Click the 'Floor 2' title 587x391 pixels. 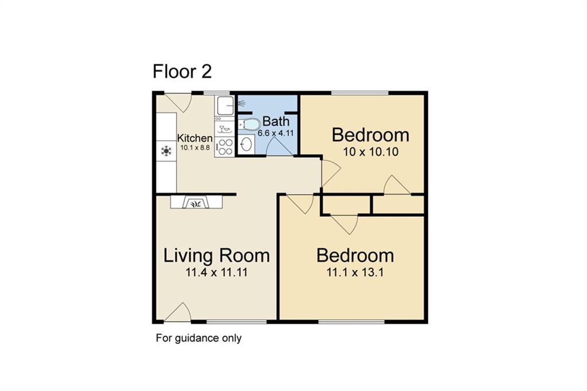tap(182, 72)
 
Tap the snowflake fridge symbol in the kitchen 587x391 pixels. tap(166, 151)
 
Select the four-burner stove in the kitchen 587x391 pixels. tap(225, 147)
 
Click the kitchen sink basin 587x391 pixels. tap(225, 105)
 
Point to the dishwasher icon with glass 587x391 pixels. tap(225, 129)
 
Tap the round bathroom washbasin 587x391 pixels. tap(246, 144)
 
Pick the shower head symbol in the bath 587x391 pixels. tap(241, 102)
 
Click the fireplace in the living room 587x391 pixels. tap(196, 202)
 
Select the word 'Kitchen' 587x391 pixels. tap(195, 138)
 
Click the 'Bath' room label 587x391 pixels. tap(276, 122)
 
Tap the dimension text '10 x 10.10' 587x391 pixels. tap(371, 152)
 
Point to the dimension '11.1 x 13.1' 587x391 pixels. tap(355, 272)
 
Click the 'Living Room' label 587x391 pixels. tap(216, 256)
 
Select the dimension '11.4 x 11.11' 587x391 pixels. tap(216, 272)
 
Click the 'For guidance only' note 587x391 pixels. tap(198, 338)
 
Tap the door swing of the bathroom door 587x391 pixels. tap(279, 146)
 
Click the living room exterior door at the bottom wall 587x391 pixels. tap(178, 312)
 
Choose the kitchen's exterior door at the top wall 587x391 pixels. tap(178, 103)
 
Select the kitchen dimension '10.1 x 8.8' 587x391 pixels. tap(195, 147)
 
